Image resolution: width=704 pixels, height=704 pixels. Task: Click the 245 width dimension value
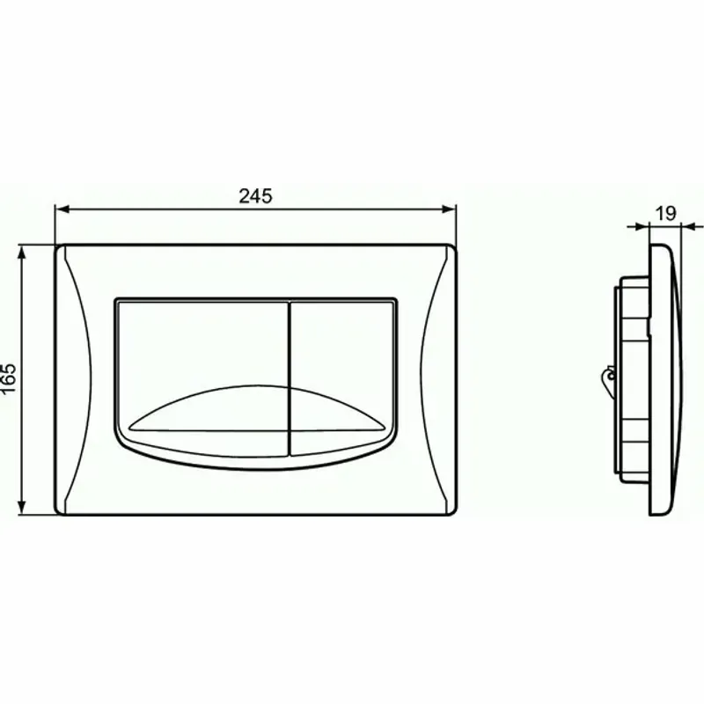(255, 195)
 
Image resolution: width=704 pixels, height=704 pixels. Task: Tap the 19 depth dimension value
(665, 212)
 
